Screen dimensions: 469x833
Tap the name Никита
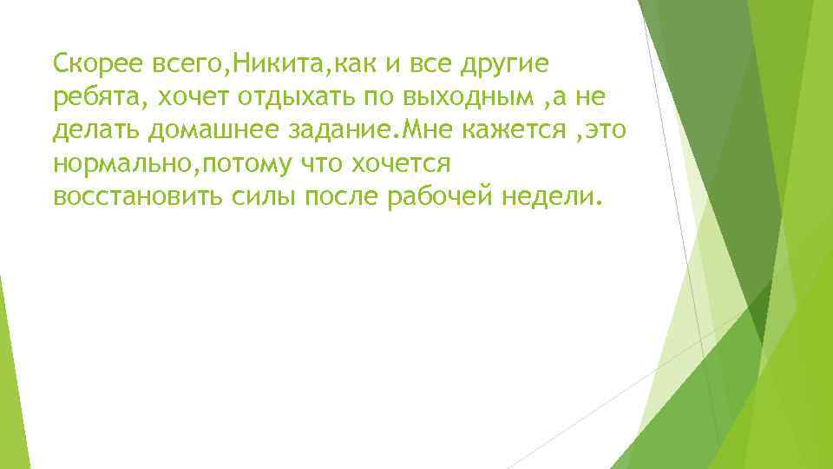point(272,63)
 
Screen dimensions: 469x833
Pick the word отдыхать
point(313,96)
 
